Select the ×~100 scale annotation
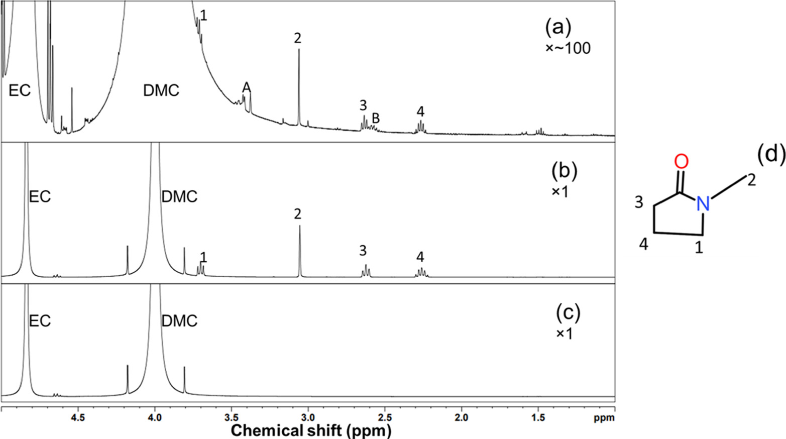coord(568,49)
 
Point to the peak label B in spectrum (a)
coord(375,119)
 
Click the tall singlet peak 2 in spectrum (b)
coord(300,251)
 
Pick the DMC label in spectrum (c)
coord(179,321)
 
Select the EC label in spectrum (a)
coord(20,90)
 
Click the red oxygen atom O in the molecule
coord(681,162)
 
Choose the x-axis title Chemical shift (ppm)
coord(310,430)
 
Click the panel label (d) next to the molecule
coord(771,155)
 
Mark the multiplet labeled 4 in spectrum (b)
coord(421,272)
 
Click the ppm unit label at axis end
coord(607,418)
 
